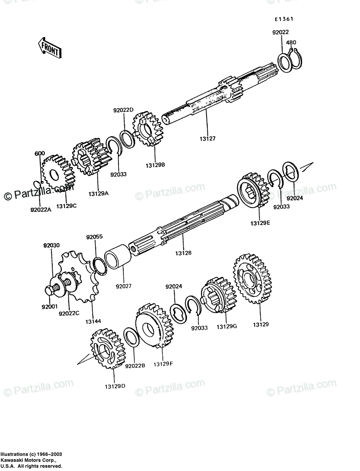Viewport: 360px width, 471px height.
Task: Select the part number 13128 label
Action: pyautogui.click(x=183, y=253)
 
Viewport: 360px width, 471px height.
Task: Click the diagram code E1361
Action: pyautogui.click(x=284, y=19)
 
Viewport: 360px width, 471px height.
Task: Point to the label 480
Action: pyautogui.click(x=291, y=42)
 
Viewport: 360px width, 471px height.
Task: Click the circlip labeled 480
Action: pyautogui.click(x=297, y=59)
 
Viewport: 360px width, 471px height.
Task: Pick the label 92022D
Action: pyautogui.click(x=123, y=110)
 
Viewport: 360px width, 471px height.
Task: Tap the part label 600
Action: pyautogui.click(x=40, y=153)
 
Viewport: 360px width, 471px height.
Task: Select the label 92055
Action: pyautogui.click(x=94, y=237)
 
